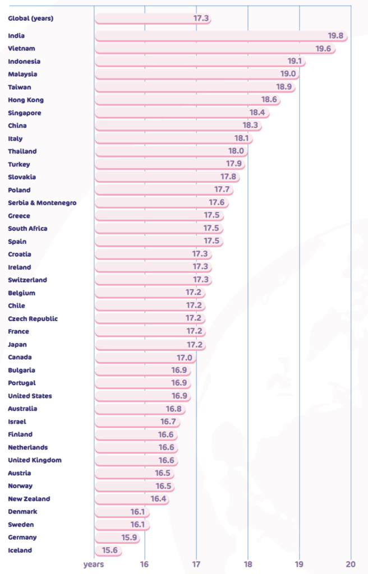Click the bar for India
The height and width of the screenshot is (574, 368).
tap(220, 36)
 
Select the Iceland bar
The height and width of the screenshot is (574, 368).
tap(108, 550)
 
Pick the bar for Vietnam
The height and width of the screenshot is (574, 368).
tap(215, 49)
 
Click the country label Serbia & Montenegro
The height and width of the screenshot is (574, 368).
tap(42, 203)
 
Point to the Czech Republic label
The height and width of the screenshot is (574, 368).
tap(33, 319)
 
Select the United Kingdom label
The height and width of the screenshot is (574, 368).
tap(35, 460)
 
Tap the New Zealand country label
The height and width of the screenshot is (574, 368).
tap(29, 499)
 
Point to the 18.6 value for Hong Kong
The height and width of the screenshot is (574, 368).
tap(270, 100)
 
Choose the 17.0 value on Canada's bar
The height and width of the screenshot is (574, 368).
tap(185, 358)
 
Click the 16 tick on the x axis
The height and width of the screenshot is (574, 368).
tap(145, 564)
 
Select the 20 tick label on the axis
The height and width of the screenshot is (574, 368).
tap(351, 564)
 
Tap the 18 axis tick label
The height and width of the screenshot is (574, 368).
tap(248, 564)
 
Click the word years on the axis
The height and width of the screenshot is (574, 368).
tap(94, 564)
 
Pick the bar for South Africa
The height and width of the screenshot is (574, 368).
tap(159, 229)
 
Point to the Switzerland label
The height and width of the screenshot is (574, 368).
tap(27, 280)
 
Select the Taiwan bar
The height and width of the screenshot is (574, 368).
tap(195, 87)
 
